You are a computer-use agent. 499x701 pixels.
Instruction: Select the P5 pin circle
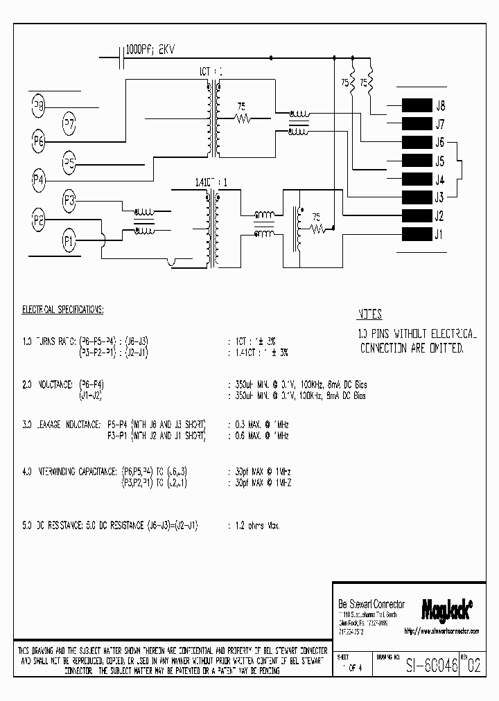69,163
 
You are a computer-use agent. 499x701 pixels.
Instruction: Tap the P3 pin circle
69,201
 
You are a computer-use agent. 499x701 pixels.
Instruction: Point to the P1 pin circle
69,241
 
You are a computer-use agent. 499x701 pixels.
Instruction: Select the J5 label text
439,161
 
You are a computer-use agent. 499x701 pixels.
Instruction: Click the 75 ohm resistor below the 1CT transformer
243,118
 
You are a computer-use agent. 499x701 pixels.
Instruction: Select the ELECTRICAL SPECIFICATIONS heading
63,309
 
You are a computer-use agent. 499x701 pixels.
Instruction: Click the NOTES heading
369,314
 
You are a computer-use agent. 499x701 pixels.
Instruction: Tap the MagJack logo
446,607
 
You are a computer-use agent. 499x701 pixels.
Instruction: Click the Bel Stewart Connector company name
371,604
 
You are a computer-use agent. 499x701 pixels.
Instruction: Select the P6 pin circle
39,141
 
